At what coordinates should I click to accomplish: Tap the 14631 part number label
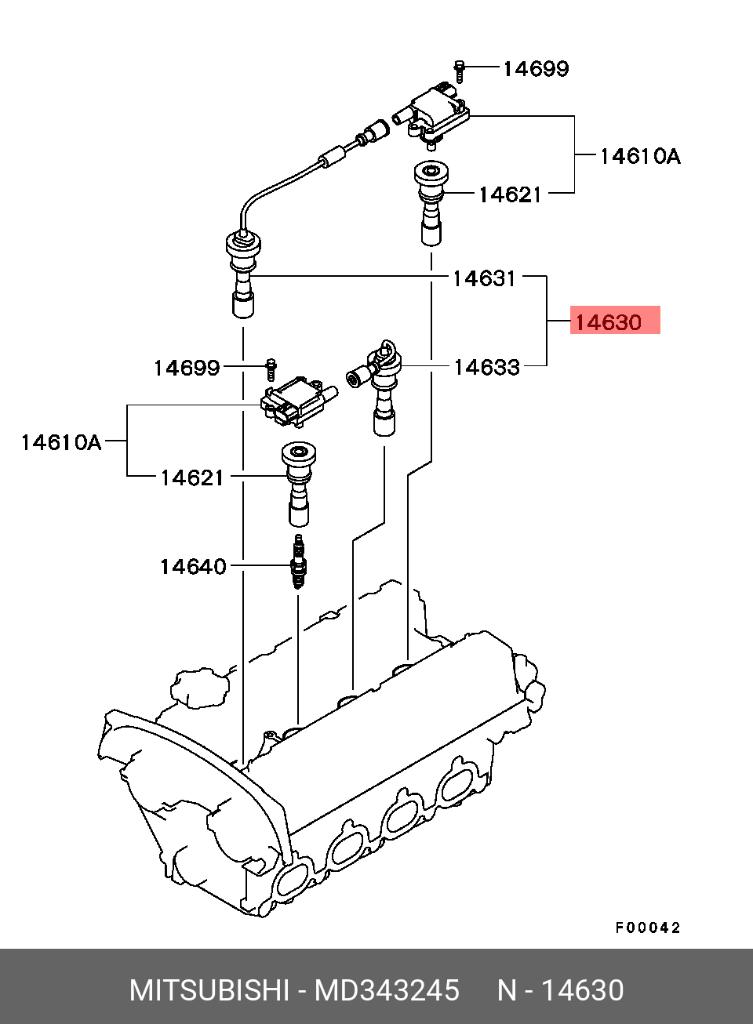click(484, 278)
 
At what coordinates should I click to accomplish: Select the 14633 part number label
click(486, 367)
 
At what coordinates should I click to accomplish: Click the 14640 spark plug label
click(193, 566)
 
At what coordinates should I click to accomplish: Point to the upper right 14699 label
click(536, 69)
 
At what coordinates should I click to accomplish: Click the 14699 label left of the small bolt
click(187, 368)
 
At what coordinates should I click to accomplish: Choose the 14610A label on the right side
click(640, 156)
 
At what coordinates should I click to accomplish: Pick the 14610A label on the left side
click(61, 442)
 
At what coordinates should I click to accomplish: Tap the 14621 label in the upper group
click(510, 194)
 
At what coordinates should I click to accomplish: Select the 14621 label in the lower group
click(192, 478)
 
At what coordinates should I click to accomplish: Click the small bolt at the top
click(460, 72)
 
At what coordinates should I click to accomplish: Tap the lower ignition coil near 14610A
click(298, 401)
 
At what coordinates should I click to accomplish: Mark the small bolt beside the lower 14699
click(271, 369)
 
